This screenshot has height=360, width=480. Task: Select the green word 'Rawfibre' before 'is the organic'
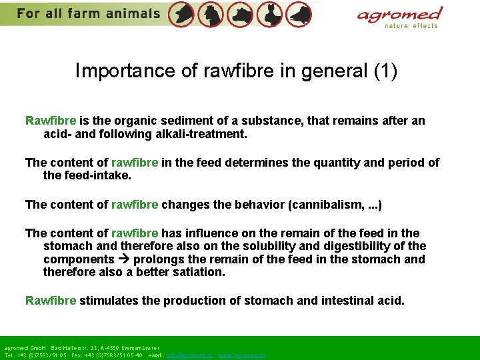click(51, 121)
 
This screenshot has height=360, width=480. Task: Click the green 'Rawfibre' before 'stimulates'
click(51, 300)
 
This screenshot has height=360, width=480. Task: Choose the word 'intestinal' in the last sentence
click(351, 300)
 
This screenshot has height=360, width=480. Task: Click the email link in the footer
click(189, 355)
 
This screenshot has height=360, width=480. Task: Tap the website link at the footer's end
click(241, 355)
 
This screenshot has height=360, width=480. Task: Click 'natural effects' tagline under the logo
click(411, 26)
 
